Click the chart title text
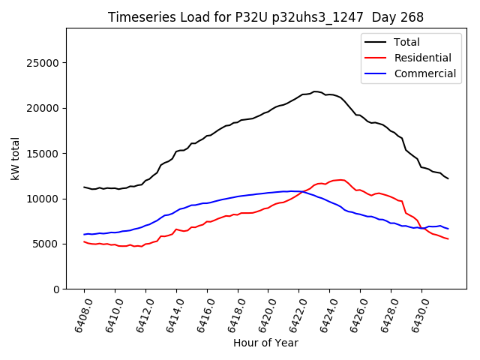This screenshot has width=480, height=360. pyautogui.click(x=265, y=17)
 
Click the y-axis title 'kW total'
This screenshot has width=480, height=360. pyautogui.click(x=16, y=158)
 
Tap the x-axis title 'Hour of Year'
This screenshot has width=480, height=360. pyautogui.click(x=265, y=343)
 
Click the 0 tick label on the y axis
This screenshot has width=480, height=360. pyautogui.click(x=56, y=289)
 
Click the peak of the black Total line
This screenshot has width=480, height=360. pyautogui.click(x=315, y=91)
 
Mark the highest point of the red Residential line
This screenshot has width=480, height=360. pyautogui.click(x=341, y=180)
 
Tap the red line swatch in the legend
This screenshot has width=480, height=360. pyautogui.click(x=376, y=58)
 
